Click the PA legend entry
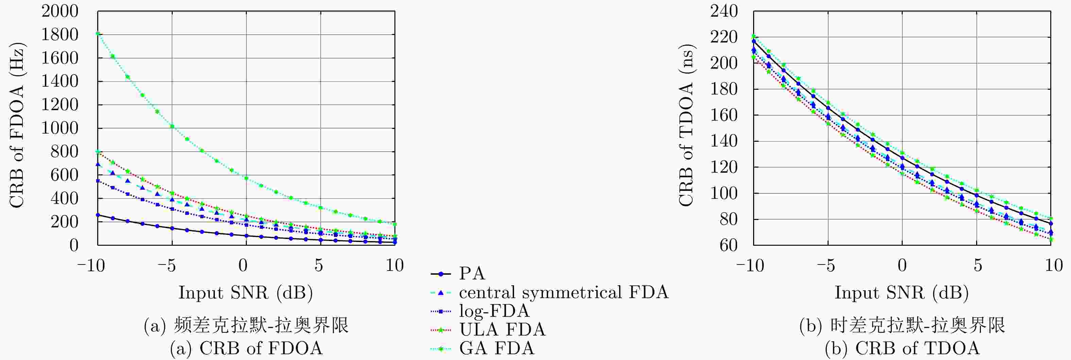click(x=472, y=274)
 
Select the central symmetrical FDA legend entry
click(x=563, y=293)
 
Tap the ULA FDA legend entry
click(x=502, y=330)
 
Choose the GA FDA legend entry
click(x=496, y=348)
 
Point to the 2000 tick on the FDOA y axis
click(x=60, y=11)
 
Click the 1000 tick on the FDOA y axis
click(x=60, y=128)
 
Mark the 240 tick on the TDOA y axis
click(x=724, y=11)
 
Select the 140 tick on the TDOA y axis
click(x=724, y=141)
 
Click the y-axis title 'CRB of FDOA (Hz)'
click(x=17, y=125)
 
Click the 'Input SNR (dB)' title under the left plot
click(x=245, y=293)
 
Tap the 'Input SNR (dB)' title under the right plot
click(x=901, y=293)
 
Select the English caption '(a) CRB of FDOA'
click(x=246, y=348)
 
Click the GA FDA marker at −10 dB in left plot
click(x=98, y=34)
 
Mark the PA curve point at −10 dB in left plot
click(x=98, y=215)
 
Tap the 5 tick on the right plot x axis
click(x=978, y=265)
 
